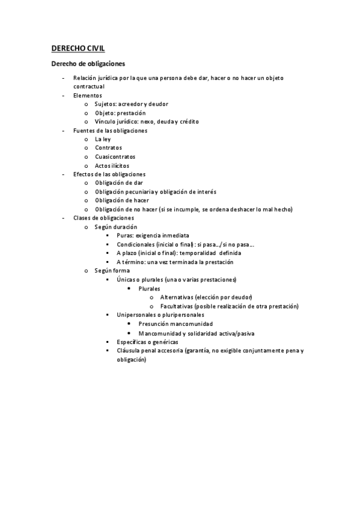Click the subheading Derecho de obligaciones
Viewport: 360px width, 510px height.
pyautogui.click(x=88, y=63)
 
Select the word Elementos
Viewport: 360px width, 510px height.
pyautogui.click(x=88, y=95)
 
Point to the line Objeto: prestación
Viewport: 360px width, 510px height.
pyautogui.click(x=120, y=112)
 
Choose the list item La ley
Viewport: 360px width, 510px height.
pyautogui.click(x=103, y=139)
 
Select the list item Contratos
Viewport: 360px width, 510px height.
pyautogui.click(x=108, y=147)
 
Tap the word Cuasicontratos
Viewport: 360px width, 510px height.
pyautogui.click(x=115, y=156)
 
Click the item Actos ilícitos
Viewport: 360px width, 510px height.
pyautogui.click(x=112, y=165)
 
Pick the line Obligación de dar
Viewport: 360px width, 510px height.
pyautogui.click(x=119, y=183)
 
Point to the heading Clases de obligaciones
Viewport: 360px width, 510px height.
pyautogui.click(x=104, y=217)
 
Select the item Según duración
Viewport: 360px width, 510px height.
pyautogui.click(x=116, y=226)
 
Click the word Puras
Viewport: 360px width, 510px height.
pyautogui.click(x=125, y=235)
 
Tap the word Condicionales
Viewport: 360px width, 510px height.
pyautogui.click(x=135, y=244)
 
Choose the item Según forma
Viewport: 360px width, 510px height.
pyautogui.click(x=112, y=271)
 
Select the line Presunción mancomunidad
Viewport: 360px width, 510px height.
pyautogui.click(x=175, y=324)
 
